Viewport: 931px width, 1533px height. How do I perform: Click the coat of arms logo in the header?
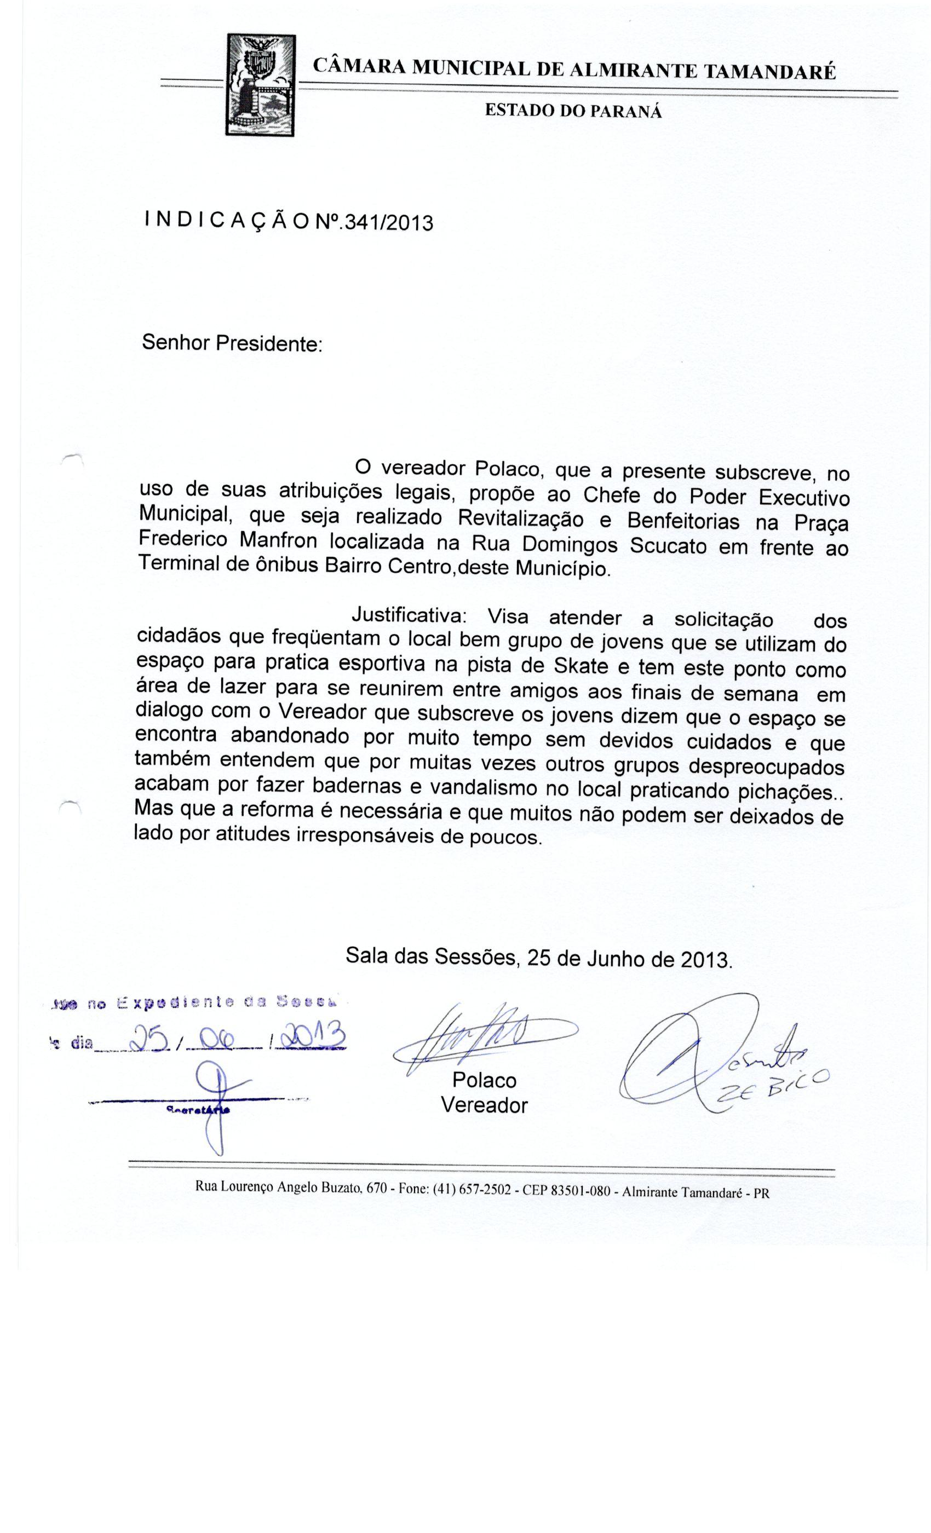pos(260,85)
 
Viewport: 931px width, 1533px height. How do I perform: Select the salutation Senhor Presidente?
pos(232,342)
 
